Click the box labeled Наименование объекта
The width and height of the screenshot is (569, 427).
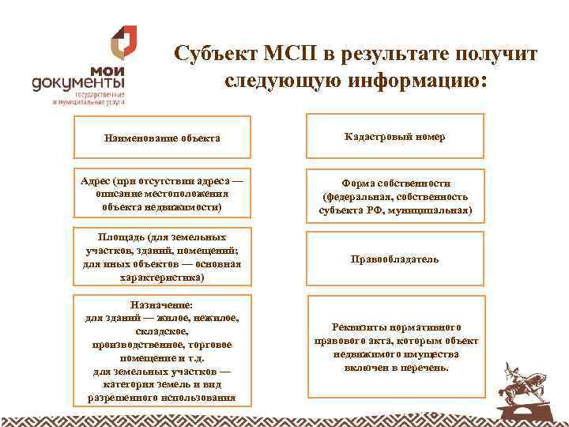coord(162,138)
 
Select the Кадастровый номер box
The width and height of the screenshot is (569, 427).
coord(395,137)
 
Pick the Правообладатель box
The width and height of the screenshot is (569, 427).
coord(395,259)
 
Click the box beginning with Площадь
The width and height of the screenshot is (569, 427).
coord(162,258)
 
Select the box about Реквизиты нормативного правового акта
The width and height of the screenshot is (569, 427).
coord(395,348)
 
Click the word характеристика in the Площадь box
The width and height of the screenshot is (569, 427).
coord(162,278)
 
